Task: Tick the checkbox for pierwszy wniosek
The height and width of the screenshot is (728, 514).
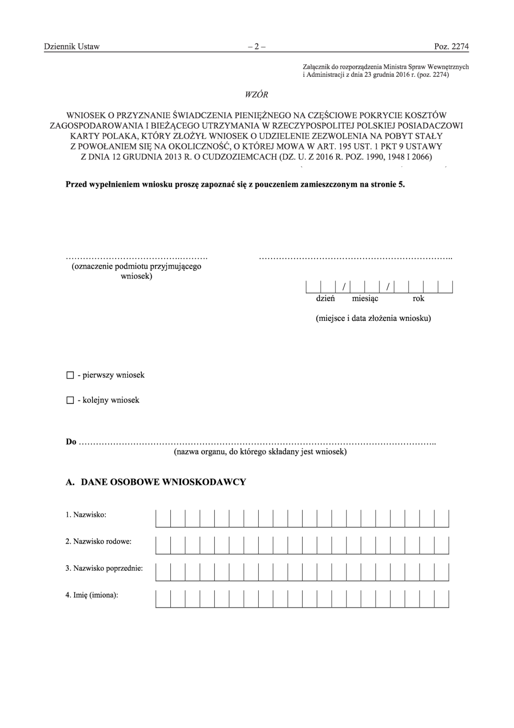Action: (x=70, y=375)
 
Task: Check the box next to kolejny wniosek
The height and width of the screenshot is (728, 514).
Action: (x=70, y=400)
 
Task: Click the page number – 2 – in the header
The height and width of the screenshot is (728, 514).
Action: (x=257, y=47)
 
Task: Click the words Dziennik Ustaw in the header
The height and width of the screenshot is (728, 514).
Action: (x=72, y=47)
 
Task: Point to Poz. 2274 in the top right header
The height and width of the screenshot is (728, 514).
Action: (x=451, y=47)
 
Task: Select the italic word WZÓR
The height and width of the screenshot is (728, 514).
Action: (x=256, y=95)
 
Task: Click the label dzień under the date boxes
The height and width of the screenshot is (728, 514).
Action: (x=325, y=299)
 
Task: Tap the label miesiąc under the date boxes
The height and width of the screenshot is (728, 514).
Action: (x=365, y=299)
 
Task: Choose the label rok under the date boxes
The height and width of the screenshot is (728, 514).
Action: (x=418, y=299)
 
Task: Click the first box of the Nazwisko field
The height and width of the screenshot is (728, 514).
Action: (x=163, y=519)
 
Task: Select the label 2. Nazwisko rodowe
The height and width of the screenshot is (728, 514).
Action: (x=98, y=541)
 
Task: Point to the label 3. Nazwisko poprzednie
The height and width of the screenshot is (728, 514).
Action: (x=104, y=568)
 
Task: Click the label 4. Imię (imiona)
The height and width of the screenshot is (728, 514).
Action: (x=92, y=595)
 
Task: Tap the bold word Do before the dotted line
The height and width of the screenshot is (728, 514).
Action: (x=71, y=442)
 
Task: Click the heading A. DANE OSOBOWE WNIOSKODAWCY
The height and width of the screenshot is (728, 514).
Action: (x=156, y=482)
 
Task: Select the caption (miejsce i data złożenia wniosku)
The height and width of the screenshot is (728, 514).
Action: (x=373, y=318)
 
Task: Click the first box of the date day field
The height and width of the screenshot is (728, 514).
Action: (x=313, y=287)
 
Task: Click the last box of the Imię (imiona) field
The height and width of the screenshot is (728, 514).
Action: (x=442, y=599)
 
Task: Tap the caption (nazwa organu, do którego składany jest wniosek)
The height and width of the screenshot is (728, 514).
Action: (x=260, y=452)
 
